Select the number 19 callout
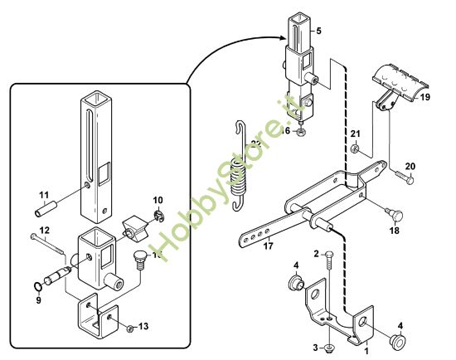tap(424, 97)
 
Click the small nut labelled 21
tap(354, 150)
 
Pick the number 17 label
tap(268, 245)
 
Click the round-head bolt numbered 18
tap(393, 212)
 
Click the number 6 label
tap(285, 130)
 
